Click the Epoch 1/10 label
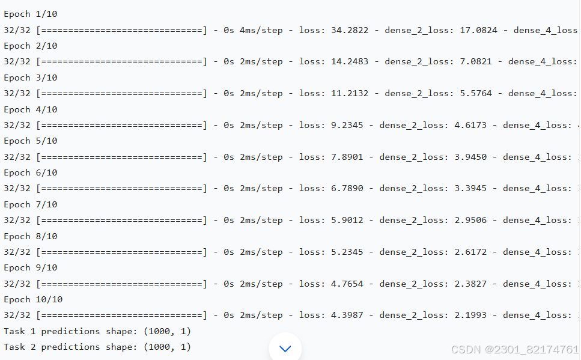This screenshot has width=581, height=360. coord(31,14)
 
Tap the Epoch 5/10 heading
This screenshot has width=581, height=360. coord(31,141)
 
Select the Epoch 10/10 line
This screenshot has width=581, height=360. coord(33,299)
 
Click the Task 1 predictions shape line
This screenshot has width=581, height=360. coord(97,331)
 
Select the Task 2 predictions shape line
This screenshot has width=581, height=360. coord(97,347)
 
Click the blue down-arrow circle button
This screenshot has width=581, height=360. coord(285,348)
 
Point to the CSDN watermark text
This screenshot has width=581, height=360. coord(515,349)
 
